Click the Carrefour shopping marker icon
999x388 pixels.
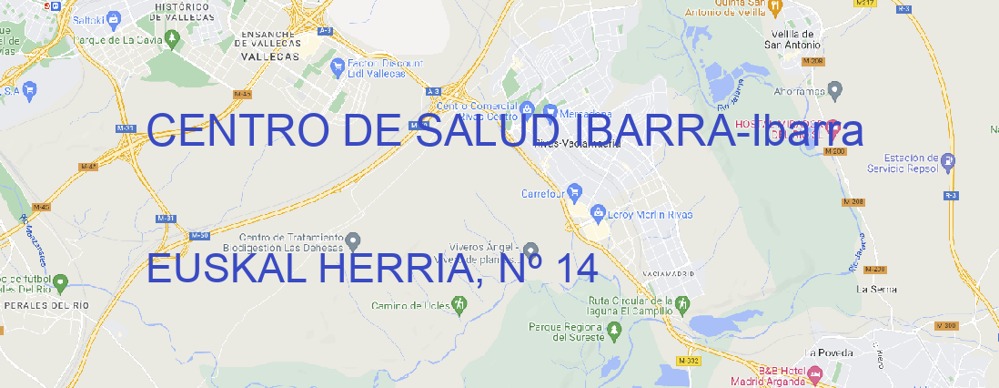tap(575, 192)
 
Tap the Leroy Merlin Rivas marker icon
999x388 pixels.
tap(598, 214)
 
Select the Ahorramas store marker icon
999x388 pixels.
tap(836, 90)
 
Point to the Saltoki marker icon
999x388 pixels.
tap(113, 17)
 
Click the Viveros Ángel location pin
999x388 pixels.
tap(531, 250)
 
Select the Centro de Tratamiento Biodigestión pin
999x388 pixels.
tap(354, 240)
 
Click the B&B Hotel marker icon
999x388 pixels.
tap(814, 373)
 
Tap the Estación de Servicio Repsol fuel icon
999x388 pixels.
tap(949, 162)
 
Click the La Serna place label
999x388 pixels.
tap(877, 289)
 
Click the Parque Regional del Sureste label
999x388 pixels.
tap(566, 332)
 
